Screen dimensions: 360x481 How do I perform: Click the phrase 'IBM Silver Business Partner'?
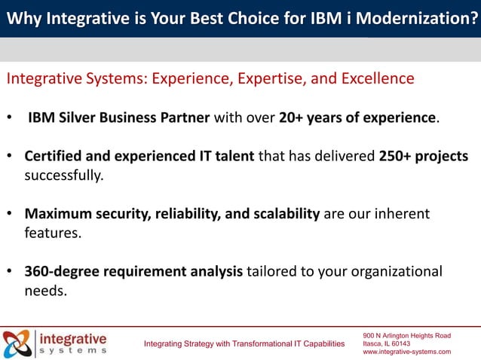(x=120, y=118)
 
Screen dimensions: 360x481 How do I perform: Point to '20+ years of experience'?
(x=357, y=118)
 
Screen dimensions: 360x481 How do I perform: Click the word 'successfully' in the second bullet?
(x=63, y=175)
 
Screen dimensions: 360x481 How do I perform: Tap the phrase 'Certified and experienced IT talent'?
(x=139, y=156)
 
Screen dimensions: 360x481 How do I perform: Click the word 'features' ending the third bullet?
(x=52, y=233)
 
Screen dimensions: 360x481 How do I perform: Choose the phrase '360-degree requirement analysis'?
(x=133, y=271)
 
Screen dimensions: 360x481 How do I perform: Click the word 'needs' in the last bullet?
(x=45, y=290)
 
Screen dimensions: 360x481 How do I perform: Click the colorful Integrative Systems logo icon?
(x=17, y=343)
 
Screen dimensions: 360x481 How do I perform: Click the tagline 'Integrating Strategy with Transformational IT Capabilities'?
(x=244, y=344)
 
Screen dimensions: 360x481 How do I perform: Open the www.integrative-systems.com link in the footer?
(x=406, y=352)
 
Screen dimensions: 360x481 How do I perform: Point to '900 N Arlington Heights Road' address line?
(x=406, y=334)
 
